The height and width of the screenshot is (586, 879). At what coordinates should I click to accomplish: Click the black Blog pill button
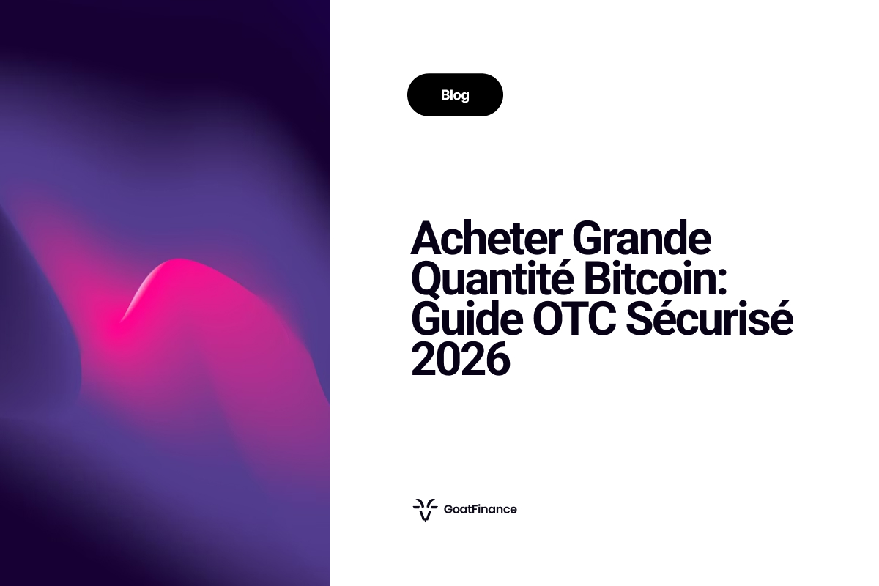click(x=455, y=95)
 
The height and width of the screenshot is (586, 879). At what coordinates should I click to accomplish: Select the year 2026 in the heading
click(x=460, y=361)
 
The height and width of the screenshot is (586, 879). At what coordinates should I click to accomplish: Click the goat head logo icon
click(x=424, y=509)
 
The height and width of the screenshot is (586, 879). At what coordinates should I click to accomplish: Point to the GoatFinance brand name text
click(x=481, y=509)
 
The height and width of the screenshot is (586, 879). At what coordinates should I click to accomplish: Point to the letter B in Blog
click(x=445, y=95)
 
